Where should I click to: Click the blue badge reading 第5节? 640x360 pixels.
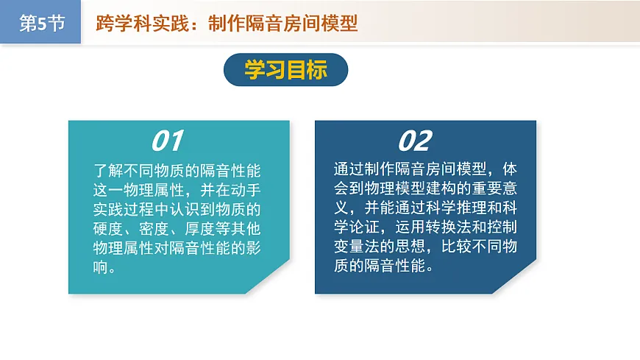41,24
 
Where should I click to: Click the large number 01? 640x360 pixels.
167,141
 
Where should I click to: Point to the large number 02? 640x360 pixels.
414,141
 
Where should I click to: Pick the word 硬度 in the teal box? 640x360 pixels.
109,228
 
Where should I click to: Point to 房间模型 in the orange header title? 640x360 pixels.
328,24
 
